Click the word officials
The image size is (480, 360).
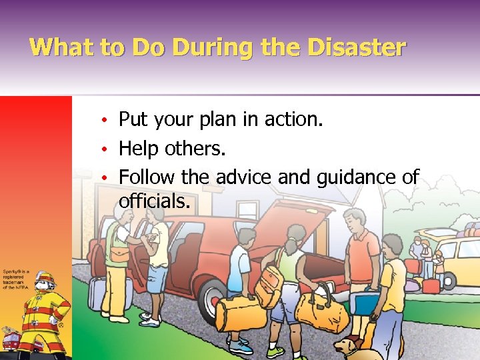[154, 201]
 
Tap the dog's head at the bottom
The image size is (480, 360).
[347, 345]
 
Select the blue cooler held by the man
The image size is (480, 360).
[367, 304]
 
